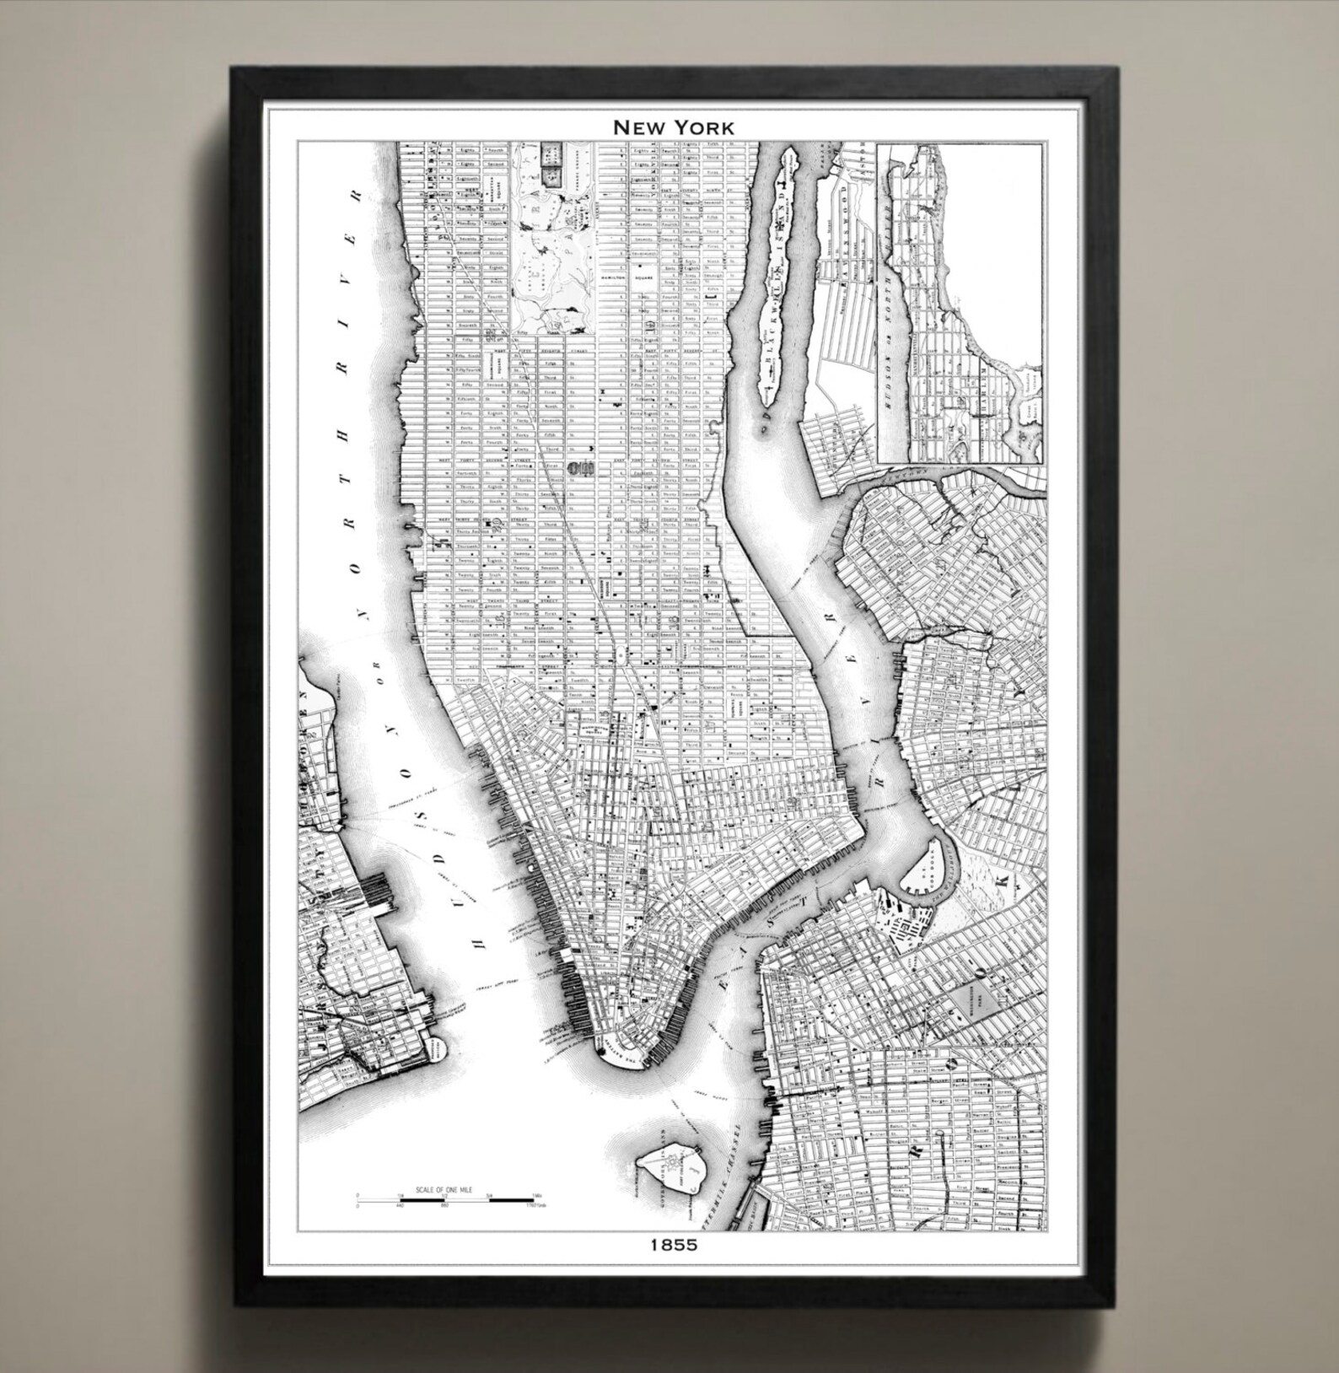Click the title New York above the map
pos(673,127)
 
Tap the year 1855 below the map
pos(674,1244)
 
